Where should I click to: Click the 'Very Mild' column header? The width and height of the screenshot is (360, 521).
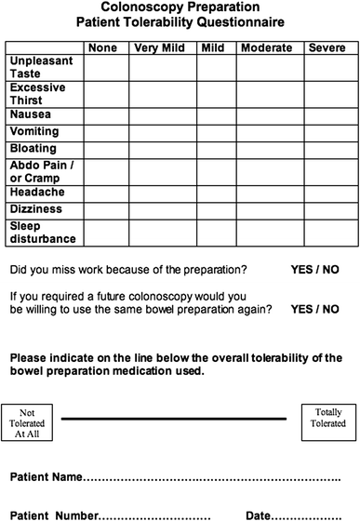tap(162, 46)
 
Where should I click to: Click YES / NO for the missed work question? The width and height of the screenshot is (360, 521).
tap(314, 271)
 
